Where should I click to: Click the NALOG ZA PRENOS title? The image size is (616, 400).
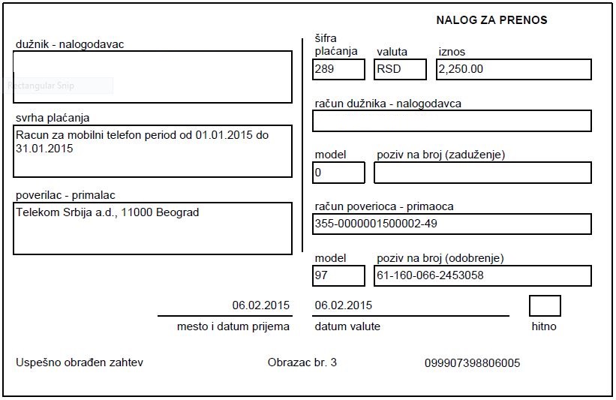coord(491,20)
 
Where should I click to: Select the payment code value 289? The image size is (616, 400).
coord(325,69)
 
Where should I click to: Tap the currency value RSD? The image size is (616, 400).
coord(389,69)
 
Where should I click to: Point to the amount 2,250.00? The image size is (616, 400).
coord(460,69)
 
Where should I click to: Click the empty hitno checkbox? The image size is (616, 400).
coord(545,306)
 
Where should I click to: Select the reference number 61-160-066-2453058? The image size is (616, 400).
coord(430,275)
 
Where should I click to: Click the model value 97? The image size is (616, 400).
coord(323,275)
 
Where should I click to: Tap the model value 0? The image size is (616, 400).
coord(318,172)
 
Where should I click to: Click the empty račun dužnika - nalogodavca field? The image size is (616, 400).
coord(452,121)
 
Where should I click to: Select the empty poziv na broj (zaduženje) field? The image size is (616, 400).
coord(482,173)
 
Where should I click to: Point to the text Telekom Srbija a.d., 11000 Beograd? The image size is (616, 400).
coord(107,212)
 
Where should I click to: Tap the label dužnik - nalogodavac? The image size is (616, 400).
coord(70,44)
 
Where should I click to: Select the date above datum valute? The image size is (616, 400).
coord(344,305)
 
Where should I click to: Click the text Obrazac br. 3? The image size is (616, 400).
coord(302,362)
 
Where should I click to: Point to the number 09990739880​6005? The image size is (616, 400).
coord(472,363)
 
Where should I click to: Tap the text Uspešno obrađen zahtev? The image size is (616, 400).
coord(80,362)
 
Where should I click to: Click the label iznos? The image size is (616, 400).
coord(452,52)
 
